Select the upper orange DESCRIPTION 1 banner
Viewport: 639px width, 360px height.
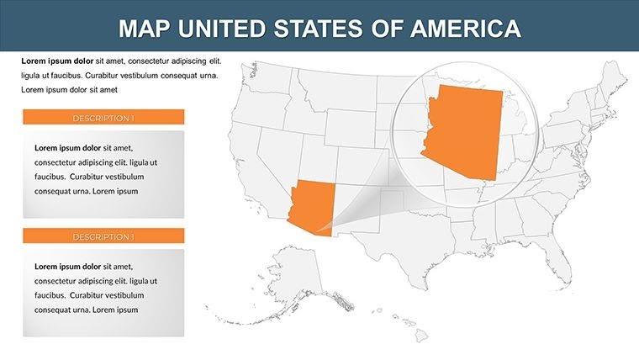(x=103, y=118)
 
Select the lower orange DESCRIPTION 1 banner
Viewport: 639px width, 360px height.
(x=103, y=236)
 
